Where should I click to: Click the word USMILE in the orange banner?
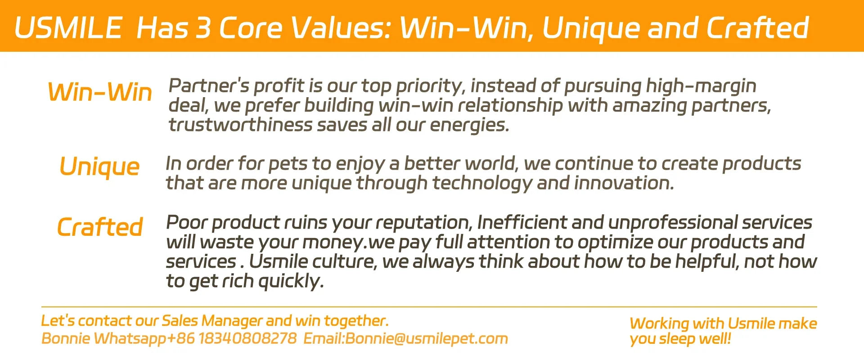coord(68,27)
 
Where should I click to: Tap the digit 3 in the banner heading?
coord(203,27)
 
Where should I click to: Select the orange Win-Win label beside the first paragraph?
coord(100,92)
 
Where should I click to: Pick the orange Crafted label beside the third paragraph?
coord(100,227)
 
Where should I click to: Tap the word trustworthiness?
coord(240,125)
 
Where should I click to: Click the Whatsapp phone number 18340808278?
coord(247,338)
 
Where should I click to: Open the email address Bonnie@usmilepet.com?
coord(427,339)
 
